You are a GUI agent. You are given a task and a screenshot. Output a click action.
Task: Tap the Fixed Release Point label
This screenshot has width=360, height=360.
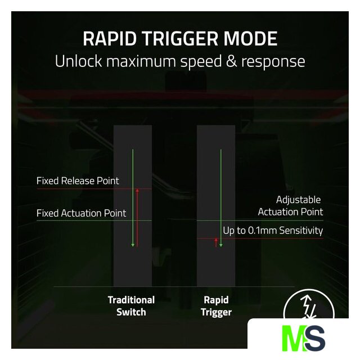pos(78,181)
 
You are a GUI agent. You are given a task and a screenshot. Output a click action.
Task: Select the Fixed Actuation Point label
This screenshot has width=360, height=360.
pos(81,213)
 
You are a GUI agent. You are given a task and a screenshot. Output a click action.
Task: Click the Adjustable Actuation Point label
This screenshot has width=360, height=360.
pos(290,206)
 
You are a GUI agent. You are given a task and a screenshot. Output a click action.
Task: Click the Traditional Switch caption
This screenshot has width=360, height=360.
pos(131,306)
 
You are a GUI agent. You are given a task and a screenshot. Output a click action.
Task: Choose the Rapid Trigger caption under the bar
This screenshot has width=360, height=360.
pos(216,306)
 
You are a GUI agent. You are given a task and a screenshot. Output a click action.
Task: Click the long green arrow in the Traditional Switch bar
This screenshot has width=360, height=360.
pos(133,197)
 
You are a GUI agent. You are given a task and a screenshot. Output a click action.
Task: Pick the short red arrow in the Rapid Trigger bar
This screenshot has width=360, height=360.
pos(216,242)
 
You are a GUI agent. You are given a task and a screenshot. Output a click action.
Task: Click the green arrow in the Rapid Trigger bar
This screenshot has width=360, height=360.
pos(220,197)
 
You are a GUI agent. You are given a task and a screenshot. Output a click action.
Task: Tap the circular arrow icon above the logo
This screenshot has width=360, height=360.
pos(303,306)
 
